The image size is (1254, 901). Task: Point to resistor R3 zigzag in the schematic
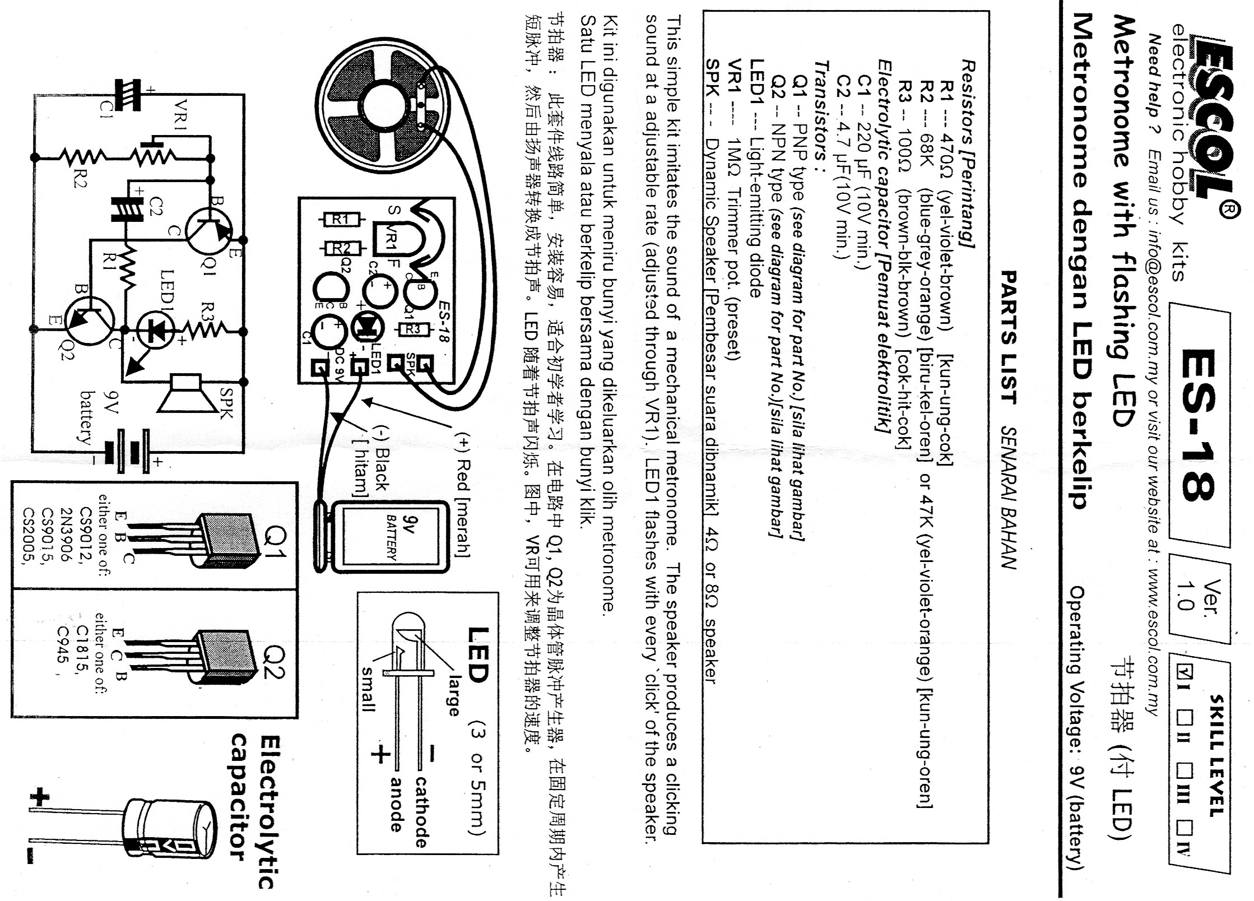pos(207,331)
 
